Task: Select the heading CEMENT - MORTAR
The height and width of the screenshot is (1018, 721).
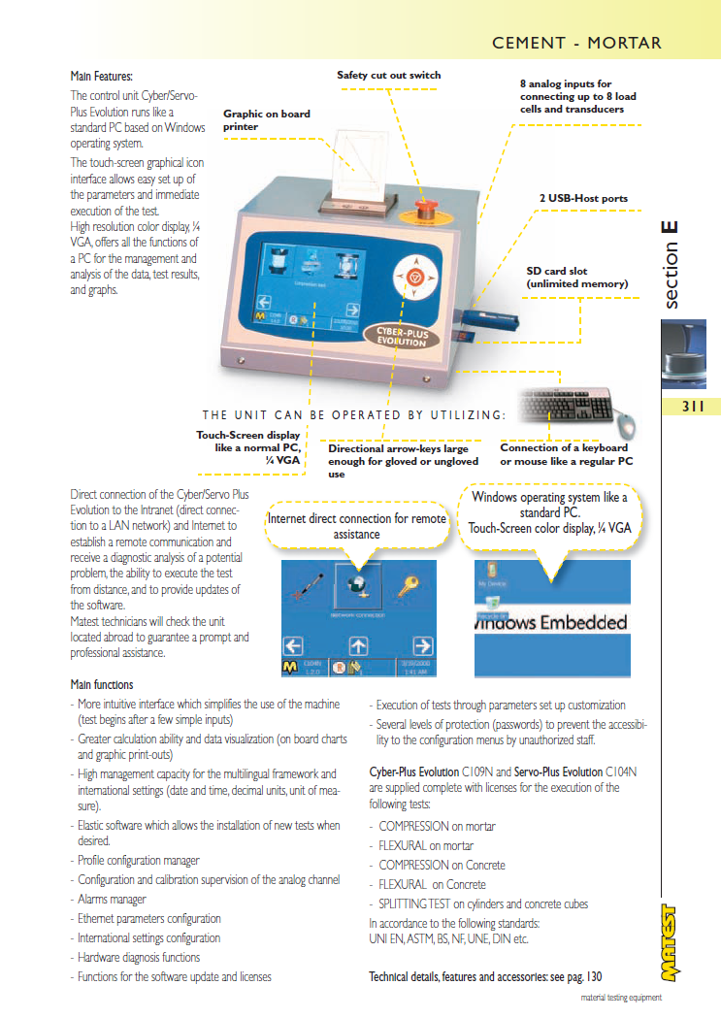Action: pyautogui.click(x=576, y=43)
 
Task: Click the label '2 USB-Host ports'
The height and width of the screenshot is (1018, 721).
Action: pyautogui.click(x=583, y=198)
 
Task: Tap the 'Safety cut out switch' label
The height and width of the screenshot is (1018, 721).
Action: pyautogui.click(x=388, y=75)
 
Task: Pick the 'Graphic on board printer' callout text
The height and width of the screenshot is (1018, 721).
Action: pyautogui.click(x=267, y=119)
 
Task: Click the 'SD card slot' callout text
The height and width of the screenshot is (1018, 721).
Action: pyautogui.click(x=576, y=278)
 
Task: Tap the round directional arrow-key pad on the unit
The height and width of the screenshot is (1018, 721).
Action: pyautogui.click(x=412, y=279)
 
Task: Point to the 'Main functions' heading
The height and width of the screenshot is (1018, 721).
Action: pyautogui.click(x=102, y=685)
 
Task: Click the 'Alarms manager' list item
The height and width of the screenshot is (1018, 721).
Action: pyautogui.click(x=112, y=900)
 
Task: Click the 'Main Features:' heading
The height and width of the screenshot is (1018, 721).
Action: pyautogui.click(x=101, y=76)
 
